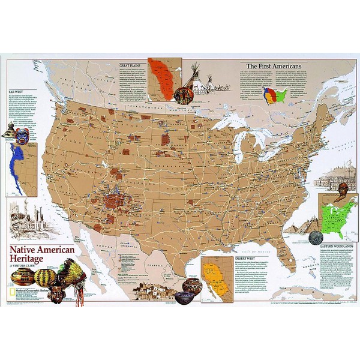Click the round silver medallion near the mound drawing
[316, 237]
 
